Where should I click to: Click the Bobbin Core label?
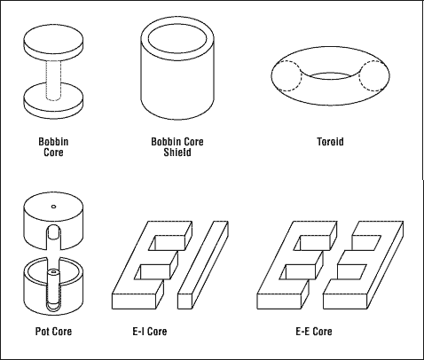(55, 145)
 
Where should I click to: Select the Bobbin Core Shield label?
(177, 145)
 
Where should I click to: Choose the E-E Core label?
(314, 332)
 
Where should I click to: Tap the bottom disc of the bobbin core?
(55, 98)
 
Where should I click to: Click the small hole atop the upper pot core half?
(54, 207)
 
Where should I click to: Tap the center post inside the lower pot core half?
(53, 282)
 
